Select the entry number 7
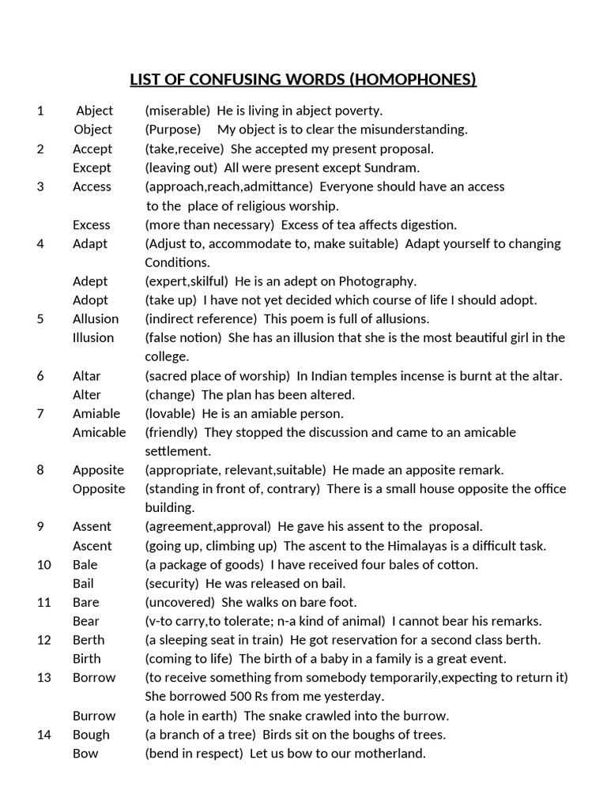pyautogui.click(x=40, y=413)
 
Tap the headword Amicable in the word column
pyautogui.click(x=99, y=432)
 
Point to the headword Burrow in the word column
pyautogui.click(x=94, y=716)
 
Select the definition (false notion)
pyautogui.click(x=183, y=338)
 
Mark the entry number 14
pyautogui.click(x=43, y=735)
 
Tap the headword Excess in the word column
pyautogui.click(x=92, y=225)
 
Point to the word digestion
pyautogui.click(x=426, y=225)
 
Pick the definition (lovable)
pyautogui.click(x=170, y=413)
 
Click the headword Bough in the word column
pyautogui.click(x=91, y=735)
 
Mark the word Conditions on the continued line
pyautogui.click(x=176, y=262)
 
